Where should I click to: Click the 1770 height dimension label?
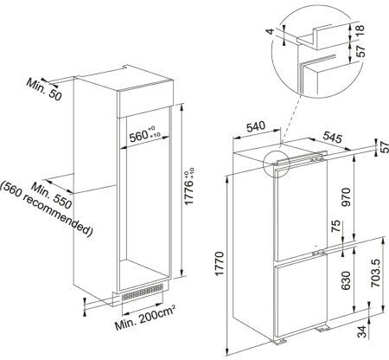click(220, 264)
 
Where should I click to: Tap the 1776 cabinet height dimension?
click(188, 186)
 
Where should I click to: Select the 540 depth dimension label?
click(255, 126)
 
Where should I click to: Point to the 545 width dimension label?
click(332, 137)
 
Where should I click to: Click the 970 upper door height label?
click(347, 197)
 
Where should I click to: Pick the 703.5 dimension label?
click(375, 273)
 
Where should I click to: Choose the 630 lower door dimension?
click(346, 280)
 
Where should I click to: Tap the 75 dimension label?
click(336, 227)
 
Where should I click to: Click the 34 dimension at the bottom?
click(362, 331)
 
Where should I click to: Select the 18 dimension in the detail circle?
click(360, 30)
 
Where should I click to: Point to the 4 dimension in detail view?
click(271, 31)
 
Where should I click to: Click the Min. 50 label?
click(44, 89)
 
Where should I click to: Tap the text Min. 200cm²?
click(145, 318)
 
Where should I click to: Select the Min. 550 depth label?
click(51, 196)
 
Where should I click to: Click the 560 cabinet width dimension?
click(145, 135)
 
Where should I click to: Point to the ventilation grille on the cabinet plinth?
click(143, 292)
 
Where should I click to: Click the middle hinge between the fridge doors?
click(318, 254)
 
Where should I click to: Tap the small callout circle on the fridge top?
click(276, 164)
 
